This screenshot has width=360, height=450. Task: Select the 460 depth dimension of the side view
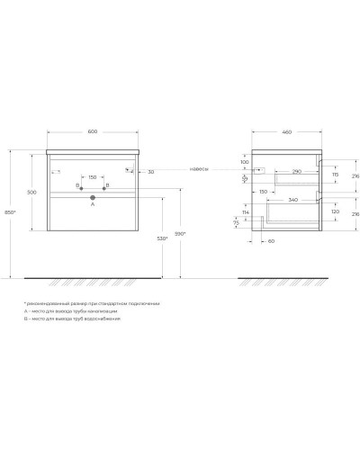click(x=286, y=133)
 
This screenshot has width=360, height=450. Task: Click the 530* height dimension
click(x=163, y=238)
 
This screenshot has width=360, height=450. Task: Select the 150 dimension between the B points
click(x=93, y=177)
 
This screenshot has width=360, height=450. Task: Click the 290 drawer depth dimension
click(x=295, y=171)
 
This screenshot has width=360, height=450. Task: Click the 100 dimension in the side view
click(x=244, y=162)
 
